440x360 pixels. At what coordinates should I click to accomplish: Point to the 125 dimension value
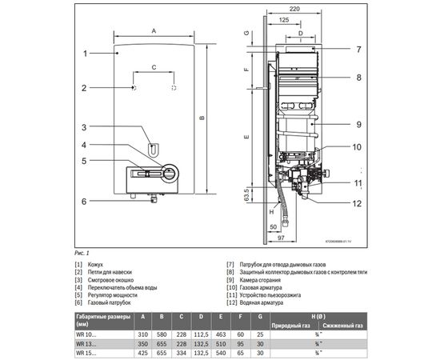(286, 18)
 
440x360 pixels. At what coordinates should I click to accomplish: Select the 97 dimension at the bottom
(281, 238)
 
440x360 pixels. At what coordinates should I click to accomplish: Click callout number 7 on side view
(359, 49)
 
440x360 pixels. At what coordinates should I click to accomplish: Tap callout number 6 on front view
(84, 202)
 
